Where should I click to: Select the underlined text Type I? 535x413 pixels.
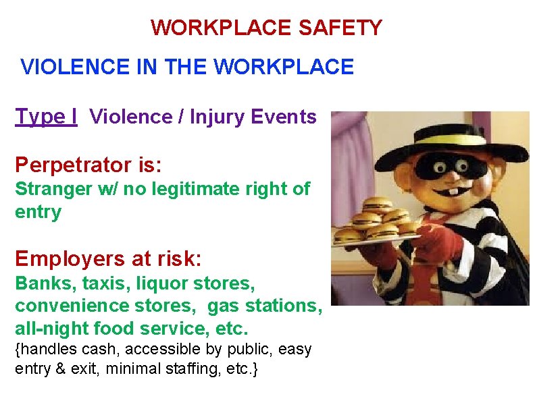click(46, 116)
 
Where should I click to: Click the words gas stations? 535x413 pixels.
click(263, 306)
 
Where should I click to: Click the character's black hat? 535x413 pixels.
click(447, 142)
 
